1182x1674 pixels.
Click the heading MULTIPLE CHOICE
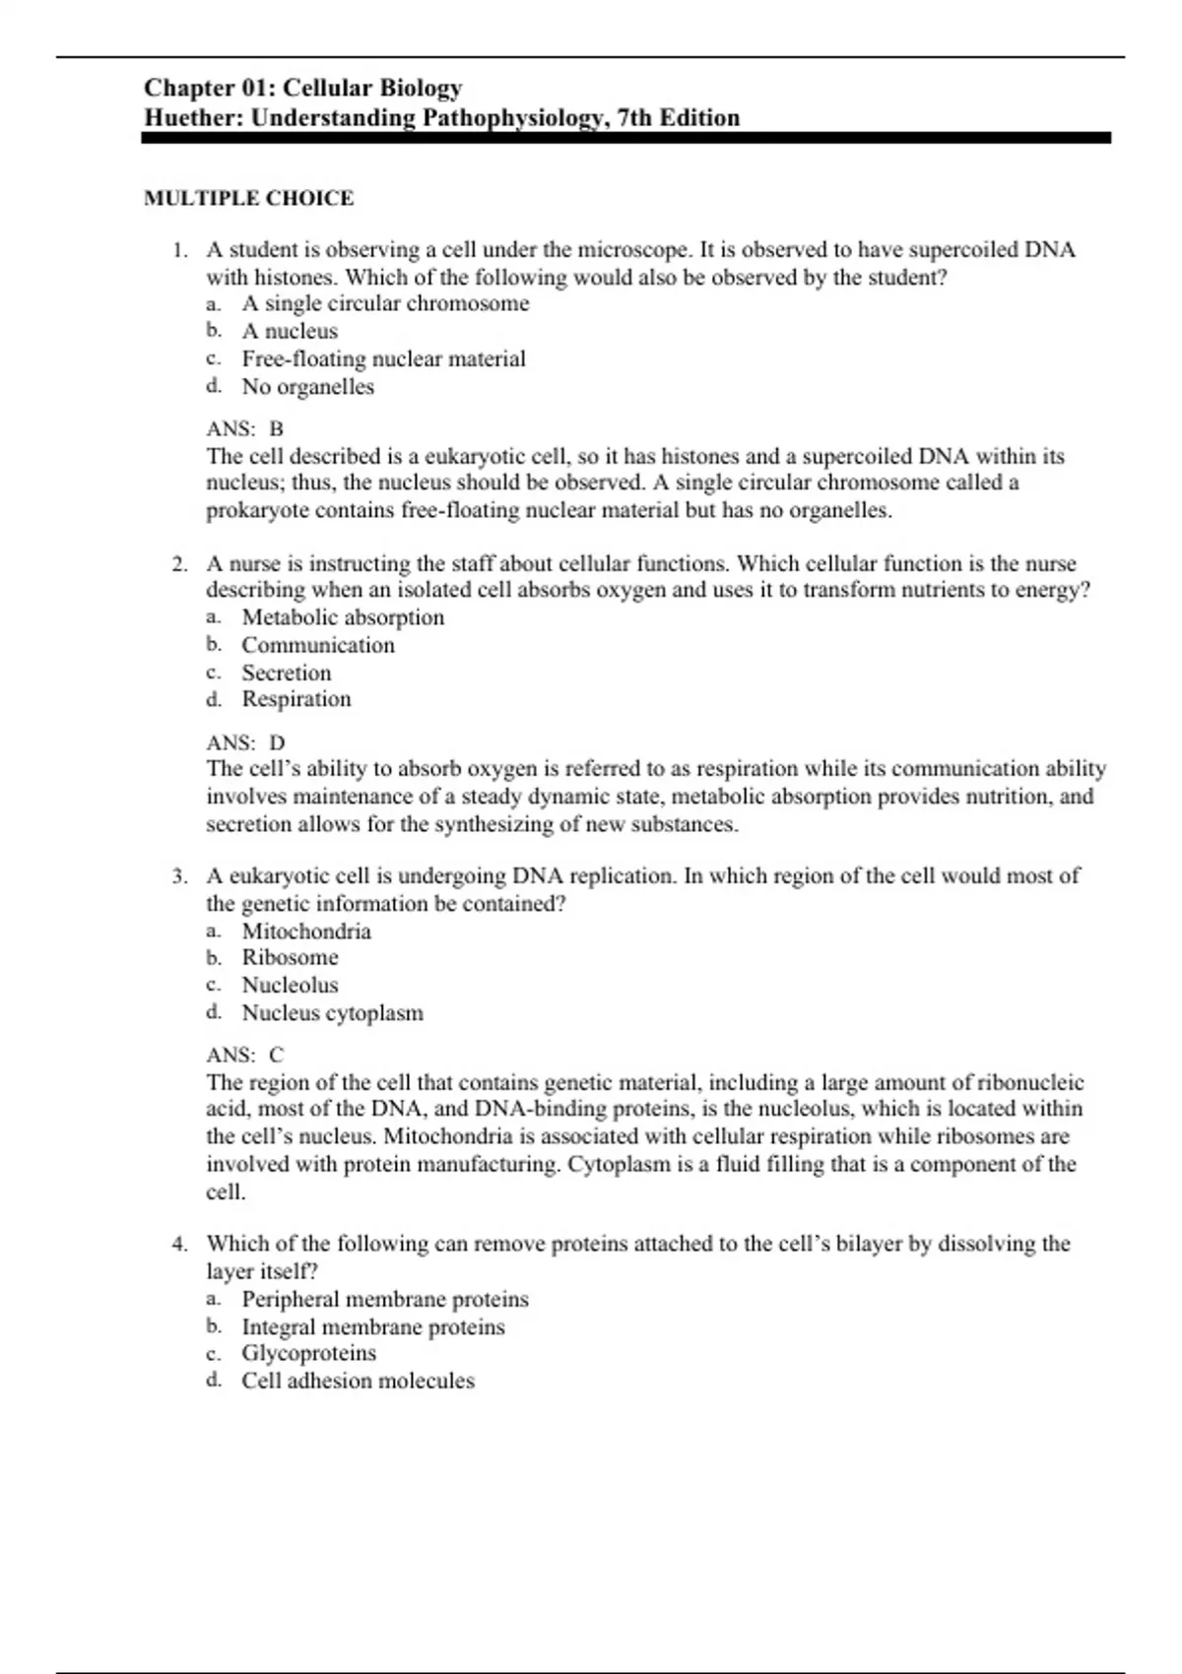click(x=248, y=198)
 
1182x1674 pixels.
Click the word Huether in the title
click(x=194, y=118)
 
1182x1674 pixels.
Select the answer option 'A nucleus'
click(x=290, y=331)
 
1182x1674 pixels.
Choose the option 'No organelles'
click(x=307, y=386)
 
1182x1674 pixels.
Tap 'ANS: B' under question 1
click(x=244, y=428)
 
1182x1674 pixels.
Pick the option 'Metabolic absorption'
click(x=343, y=617)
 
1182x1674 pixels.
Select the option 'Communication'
click(x=318, y=645)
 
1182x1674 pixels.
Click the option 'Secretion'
click(x=287, y=673)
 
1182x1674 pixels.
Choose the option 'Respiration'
click(x=296, y=699)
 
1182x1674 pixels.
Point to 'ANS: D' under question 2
click(x=245, y=742)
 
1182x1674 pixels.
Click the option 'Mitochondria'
click(x=306, y=932)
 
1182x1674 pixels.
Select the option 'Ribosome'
click(x=291, y=957)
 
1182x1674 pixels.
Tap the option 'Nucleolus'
click(x=290, y=985)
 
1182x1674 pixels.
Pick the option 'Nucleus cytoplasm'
click(x=333, y=1012)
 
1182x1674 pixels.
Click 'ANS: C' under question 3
click(x=244, y=1055)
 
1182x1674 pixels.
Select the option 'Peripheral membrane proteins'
click(x=385, y=1299)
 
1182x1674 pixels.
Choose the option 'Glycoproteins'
click(x=308, y=1353)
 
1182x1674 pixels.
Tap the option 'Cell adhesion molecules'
click(x=358, y=1381)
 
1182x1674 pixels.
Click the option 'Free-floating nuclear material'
click(x=383, y=358)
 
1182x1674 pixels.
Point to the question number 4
click(x=179, y=1244)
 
